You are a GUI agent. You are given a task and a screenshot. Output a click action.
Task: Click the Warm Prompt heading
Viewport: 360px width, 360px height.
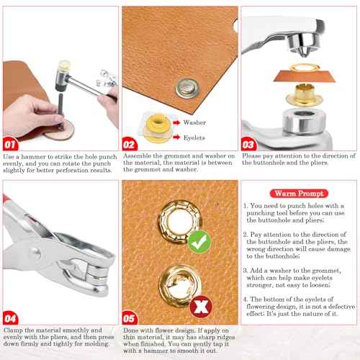[x=297, y=193]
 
